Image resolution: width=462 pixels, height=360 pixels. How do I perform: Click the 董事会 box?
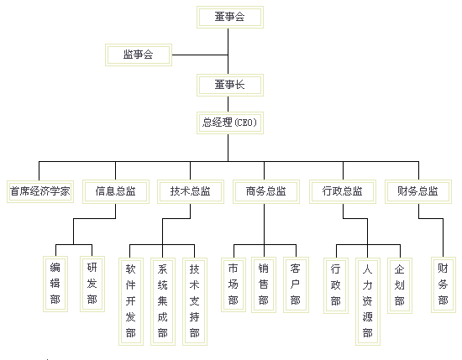(230, 17)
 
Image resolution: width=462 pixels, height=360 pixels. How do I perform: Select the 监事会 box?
(139, 55)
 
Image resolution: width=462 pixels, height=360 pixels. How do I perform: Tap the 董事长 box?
(230, 85)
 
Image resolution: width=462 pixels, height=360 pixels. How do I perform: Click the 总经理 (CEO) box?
(230, 123)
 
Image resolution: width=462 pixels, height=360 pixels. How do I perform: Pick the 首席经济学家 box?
(40, 191)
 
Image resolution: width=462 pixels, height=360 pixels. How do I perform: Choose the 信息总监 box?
(116, 191)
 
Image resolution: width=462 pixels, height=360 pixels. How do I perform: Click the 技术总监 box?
(191, 191)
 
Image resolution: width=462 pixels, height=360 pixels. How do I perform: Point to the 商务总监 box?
(266, 191)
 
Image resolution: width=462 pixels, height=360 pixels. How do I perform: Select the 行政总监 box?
(343, 191)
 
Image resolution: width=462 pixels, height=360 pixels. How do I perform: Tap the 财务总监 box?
(418, 191)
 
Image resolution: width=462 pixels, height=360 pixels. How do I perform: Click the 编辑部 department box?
(55, 284)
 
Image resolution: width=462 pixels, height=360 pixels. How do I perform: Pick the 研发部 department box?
(92, 284)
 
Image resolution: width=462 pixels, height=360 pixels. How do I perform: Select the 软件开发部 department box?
(131, 301)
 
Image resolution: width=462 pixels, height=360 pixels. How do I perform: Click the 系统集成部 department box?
(163, 301)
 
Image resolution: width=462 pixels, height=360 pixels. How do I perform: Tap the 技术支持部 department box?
(195, 301)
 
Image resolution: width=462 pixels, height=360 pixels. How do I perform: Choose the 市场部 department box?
(234, 284)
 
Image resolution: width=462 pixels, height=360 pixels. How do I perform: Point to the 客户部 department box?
(296, 284)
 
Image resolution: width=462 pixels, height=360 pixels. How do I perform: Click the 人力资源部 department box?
(368, 301)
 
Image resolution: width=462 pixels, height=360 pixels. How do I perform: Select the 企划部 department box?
(400, 285)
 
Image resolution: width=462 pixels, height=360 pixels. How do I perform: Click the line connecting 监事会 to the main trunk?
(200, 55)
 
